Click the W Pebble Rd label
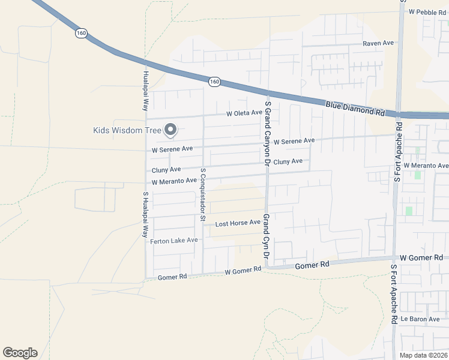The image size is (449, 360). coord(428,11)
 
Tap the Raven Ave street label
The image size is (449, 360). coord(378,43)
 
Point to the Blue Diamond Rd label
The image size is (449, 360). coord(355,108)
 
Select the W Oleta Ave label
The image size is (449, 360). coord(244,113)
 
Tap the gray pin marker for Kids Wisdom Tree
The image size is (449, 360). coord(170,130)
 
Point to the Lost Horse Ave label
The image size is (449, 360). coord(238,223)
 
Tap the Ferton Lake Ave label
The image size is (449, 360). coord(173,241)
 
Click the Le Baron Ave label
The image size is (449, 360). coord(421,319)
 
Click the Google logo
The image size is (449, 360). coord(20,353)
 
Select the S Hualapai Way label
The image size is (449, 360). coord(145,215)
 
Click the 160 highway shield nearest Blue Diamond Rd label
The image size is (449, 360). coord(215,81)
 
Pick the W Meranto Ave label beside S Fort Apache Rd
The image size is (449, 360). coord(426,166)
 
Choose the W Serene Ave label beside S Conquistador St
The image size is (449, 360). coord(172,148)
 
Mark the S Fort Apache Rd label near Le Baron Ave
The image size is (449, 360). coord(394,295)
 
